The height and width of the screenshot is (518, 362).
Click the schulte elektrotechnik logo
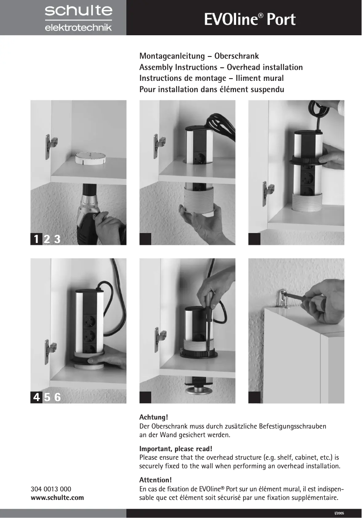78,18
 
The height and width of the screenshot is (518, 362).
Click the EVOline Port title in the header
250,19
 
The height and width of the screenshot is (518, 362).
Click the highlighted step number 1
36,239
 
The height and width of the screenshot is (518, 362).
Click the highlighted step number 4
36,397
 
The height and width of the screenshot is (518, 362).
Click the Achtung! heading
153,417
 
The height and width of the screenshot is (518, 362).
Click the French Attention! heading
155,480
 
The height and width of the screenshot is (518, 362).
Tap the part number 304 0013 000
51,489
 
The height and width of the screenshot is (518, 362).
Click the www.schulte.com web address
57,498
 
